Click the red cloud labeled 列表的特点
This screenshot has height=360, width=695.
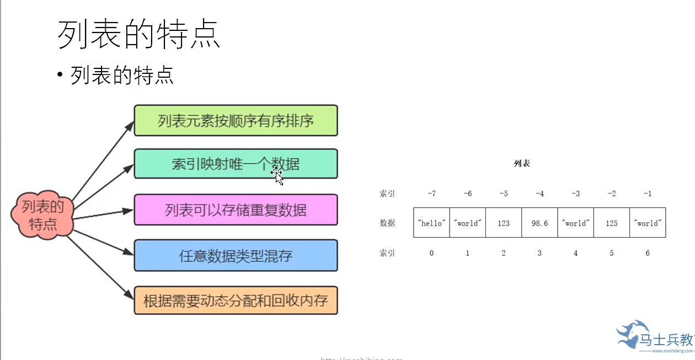[x=43, y=216]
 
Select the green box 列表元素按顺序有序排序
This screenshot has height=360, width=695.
[x=236, y=120]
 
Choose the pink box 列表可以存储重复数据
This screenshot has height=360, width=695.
[x=236, y=209]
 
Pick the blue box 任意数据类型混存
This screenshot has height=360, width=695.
[x=236, y=255]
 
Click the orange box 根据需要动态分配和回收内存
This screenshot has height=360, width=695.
[x=236, y=301]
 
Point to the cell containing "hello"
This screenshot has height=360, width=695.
[x=431, y=223]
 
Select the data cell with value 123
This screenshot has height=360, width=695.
[x=503, y=223]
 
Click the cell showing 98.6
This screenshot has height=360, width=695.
[x=539, y=223]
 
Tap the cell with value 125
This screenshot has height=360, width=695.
[x=611, y=223]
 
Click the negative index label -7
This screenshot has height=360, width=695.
[x=431, y=194]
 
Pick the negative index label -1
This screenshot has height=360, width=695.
[x=648, y=194]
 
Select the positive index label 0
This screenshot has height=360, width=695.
[x=431, y=253]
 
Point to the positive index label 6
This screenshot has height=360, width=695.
[x=648, y=253]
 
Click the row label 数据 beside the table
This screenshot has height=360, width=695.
[x=387, y=223]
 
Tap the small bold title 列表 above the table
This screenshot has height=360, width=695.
[x=522, y=164]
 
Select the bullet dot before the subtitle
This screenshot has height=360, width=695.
[x=61, y=76]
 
